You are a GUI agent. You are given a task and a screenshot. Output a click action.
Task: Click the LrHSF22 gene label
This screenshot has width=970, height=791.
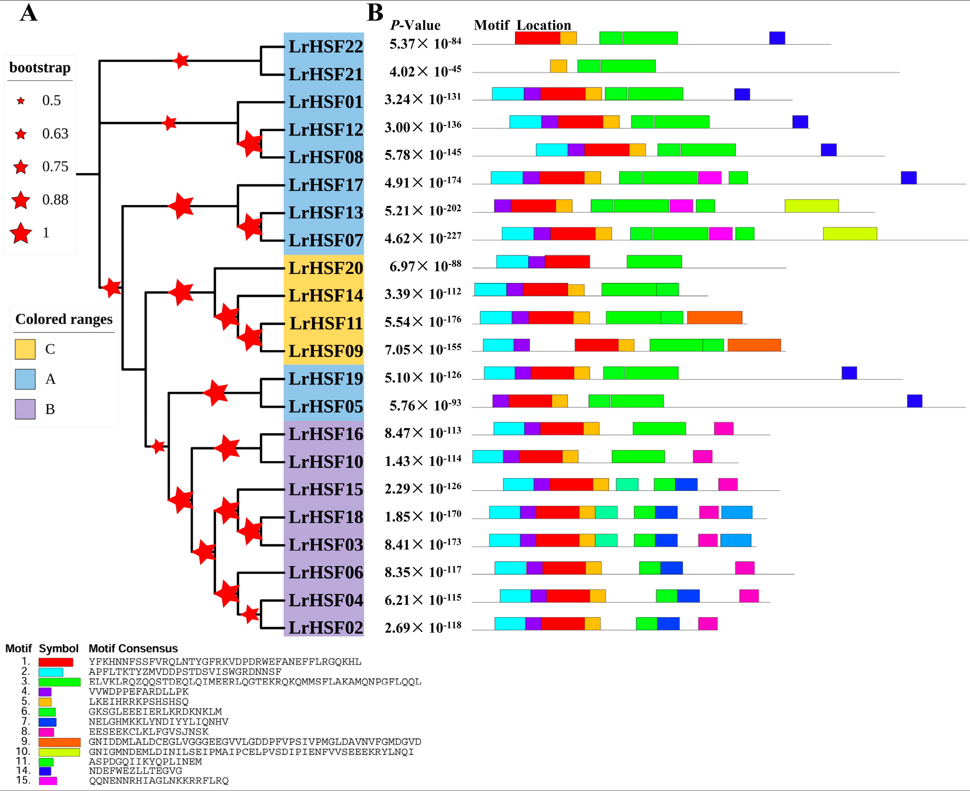(326, 46)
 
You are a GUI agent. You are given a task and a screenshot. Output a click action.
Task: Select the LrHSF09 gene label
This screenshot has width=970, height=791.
(326, 351)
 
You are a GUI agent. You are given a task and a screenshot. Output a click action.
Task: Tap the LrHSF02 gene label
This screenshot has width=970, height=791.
(326, 628)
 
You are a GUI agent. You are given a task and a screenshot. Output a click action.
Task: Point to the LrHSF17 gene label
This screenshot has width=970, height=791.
(326, 185)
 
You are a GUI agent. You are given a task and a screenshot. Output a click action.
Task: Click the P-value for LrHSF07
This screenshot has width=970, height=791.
(423, 238)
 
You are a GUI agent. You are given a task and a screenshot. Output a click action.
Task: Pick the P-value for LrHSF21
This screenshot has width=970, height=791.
(425, 72)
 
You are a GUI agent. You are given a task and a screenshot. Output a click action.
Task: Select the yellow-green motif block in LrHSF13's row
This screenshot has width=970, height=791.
(811, 206)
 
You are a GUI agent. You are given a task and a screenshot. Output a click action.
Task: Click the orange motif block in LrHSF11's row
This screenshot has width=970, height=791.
(714, 318)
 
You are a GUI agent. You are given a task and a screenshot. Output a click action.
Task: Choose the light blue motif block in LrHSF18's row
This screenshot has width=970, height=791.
(736, 513)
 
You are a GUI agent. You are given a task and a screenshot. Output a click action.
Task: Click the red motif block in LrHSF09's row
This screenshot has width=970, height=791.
(596, 345)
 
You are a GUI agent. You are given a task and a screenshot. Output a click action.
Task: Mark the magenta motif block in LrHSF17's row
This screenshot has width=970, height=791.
(709, 178)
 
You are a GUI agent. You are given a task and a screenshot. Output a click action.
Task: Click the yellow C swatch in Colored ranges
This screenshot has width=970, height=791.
(25, 350)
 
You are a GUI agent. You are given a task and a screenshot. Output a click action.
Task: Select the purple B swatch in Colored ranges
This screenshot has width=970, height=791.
(25, 409)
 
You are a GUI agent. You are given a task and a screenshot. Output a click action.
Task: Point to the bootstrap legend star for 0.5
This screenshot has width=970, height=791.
(20, 101)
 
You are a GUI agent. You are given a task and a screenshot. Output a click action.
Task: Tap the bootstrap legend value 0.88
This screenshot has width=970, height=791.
(55, 200)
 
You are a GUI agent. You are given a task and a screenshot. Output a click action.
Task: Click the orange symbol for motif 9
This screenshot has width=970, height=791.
(59, 742)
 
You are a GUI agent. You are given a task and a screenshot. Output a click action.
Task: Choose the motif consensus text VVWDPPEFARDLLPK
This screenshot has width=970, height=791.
(139, 692)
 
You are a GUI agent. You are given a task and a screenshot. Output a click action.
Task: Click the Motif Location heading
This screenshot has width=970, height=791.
(522, 25)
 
